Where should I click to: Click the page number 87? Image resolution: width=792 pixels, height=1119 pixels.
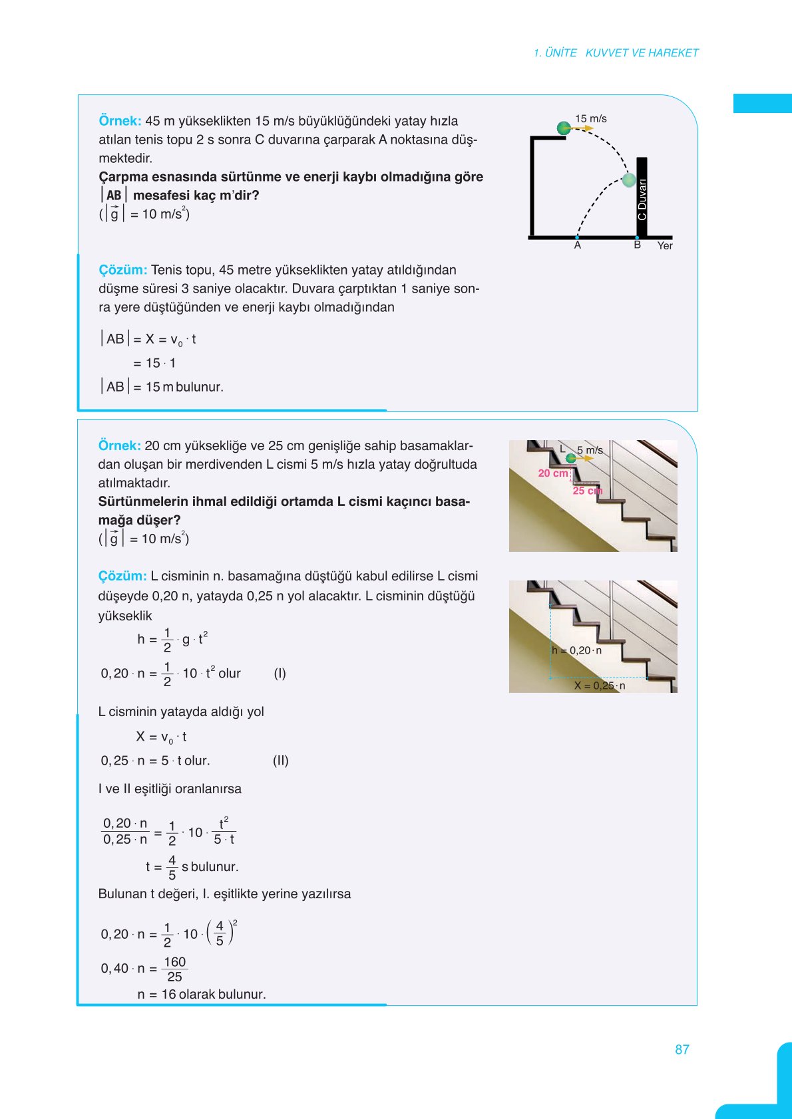coord(682,1049)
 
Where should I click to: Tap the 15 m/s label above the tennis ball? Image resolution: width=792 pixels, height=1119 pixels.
coord(590,118)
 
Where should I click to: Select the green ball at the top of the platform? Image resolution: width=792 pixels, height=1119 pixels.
coord(564,128)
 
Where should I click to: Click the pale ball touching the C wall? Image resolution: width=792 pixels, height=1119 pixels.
coord(628,180)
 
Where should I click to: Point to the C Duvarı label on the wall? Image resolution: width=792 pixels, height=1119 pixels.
coord(642,199)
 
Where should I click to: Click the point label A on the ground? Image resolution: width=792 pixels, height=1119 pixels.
coord(577,245)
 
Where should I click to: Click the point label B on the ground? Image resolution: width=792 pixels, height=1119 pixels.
coord(637,245)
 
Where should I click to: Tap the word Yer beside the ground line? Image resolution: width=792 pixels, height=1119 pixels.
coord(664,246)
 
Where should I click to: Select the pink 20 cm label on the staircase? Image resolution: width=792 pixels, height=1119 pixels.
coord(553,473)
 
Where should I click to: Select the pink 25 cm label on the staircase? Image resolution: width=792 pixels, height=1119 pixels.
coord(587,491)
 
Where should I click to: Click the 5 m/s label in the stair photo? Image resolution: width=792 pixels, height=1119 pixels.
coord(590,450)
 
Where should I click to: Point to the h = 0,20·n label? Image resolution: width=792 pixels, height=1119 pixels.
coord(576,650)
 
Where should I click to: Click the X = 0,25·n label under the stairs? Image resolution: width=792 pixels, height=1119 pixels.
coord(599,685)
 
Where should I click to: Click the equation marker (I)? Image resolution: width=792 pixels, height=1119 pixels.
coord(280,674)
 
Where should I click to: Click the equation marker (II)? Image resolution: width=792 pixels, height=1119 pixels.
coord(280,761)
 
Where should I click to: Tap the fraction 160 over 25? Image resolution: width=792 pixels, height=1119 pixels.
coord(174,969)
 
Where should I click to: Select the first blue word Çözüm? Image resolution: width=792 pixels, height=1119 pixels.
coord(122,270)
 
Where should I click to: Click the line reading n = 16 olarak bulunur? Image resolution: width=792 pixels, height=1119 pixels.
coord(201,994)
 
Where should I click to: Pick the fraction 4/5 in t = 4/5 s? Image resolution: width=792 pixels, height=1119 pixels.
coord(172,867)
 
